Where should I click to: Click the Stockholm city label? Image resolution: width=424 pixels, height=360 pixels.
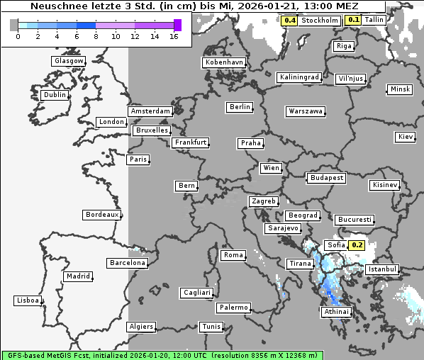[x=319, y=21]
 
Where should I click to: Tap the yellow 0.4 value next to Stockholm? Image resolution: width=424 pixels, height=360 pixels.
[x=289, y=21]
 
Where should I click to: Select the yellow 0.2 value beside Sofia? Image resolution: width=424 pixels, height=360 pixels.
[x=357, y=245]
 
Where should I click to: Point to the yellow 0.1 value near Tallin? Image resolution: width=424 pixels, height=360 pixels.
[x=353, y=20]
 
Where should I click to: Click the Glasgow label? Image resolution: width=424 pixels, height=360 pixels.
[x=69, y=61]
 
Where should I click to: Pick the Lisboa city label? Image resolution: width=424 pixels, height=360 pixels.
[x=28, y=300]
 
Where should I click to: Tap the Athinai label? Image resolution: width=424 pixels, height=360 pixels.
[x=336, y=312]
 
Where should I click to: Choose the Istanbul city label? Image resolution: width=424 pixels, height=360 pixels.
[x=383, y=270]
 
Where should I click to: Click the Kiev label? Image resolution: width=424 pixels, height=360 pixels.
[x=406, y=136]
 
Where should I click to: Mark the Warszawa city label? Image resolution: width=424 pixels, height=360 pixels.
[x=306, y=111]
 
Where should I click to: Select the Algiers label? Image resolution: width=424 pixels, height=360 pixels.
[x=140, y=327]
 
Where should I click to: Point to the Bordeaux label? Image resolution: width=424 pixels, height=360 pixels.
[x=101, y=215]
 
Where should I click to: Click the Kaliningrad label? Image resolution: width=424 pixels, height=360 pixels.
[x=299, y=77]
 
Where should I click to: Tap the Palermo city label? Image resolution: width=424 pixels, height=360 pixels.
[x=233, y=308]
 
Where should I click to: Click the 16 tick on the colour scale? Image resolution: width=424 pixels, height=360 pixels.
[x=174, y=36]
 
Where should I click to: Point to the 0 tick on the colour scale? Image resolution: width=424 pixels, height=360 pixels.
[x=17, y=36]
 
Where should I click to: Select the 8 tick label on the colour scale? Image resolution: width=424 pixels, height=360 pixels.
[x=96, y=36]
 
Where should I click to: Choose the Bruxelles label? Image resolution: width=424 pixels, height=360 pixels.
[x=151, y=130]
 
